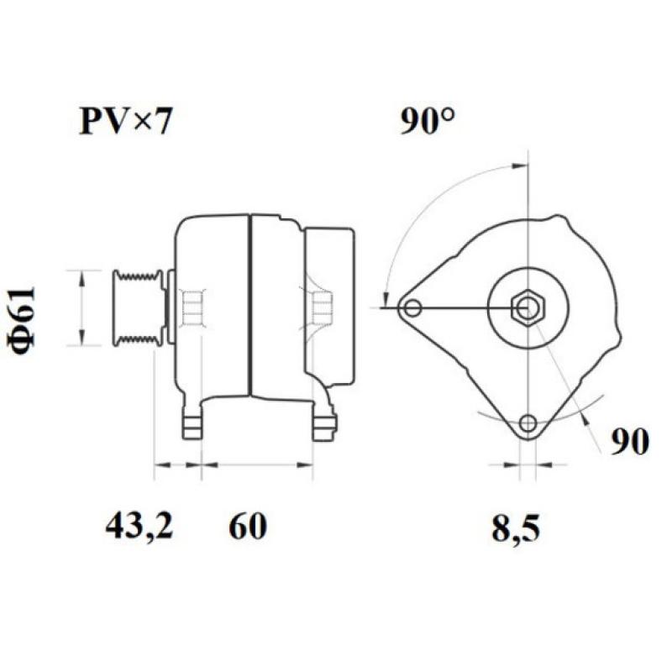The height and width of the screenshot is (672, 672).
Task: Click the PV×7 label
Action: pos(125,123)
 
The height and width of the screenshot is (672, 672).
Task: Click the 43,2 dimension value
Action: pos(139,527)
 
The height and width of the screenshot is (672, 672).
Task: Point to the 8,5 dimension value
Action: pos(514,529)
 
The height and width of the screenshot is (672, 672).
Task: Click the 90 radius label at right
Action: pos(629,442)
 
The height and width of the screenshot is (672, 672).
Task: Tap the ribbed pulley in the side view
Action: pos(138,307)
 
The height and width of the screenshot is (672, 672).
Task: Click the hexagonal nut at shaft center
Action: pos(528,309)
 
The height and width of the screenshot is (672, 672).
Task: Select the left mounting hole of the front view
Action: pos(412,307)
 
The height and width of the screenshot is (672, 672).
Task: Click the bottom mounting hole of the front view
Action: pos(528,423)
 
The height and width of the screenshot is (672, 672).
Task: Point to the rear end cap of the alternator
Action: pos(329,307)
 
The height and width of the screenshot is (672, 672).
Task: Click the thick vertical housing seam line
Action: pos(249,307)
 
